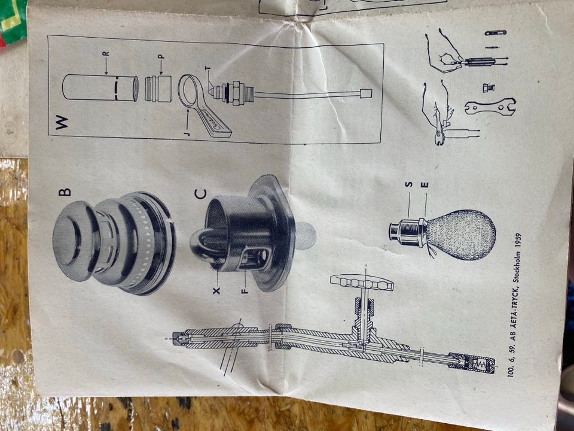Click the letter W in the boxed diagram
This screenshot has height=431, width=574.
tap(62, 122)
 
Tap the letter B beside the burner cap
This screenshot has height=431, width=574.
tap(65, 192)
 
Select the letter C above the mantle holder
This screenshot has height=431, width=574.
tap(200, 194)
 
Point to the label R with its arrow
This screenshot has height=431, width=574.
tap(106, 63)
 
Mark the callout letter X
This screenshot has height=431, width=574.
tap(216, 291)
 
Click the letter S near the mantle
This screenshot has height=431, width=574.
tap(409, 184)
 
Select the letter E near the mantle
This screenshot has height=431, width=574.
tap(425, 185)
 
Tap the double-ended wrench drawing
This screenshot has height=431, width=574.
tap(490, 107)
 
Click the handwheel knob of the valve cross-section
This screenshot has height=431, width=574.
tap(362, 282)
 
